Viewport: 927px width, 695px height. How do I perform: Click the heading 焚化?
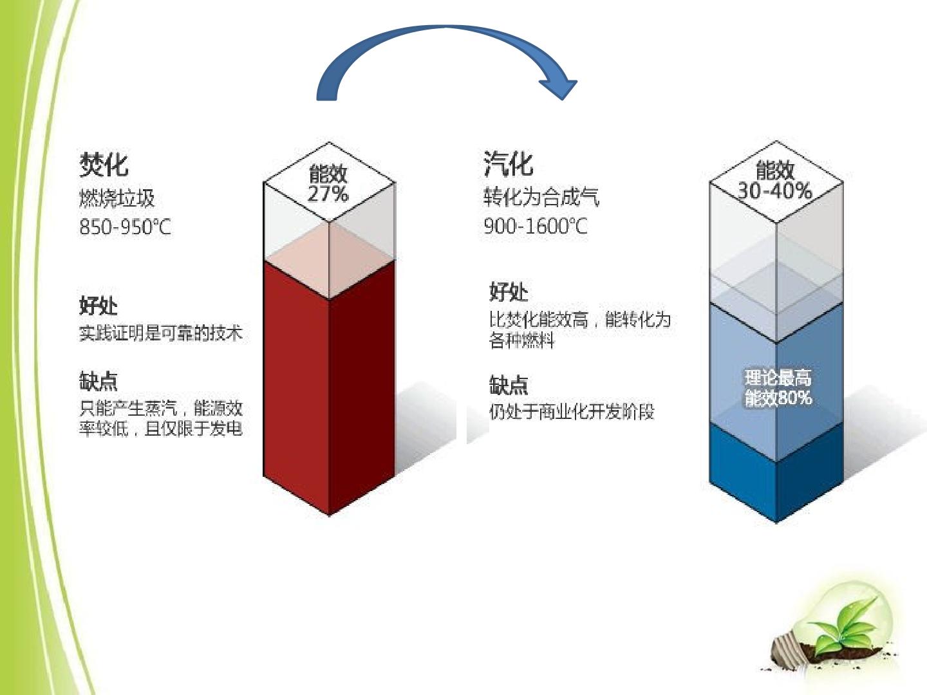point(104,165)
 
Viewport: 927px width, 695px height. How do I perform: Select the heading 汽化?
point(508,163)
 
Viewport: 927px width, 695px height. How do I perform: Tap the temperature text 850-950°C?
point(125,227)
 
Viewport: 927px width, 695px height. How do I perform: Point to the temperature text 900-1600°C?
point(536,226)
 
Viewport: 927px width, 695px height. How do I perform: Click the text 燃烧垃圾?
point(117,198)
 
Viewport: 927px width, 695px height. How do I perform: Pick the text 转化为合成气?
point(541,197)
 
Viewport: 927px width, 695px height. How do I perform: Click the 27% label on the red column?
point(328,194)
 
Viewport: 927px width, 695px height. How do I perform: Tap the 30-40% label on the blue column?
point(775,190)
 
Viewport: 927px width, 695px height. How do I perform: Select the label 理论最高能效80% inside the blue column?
point(778,388)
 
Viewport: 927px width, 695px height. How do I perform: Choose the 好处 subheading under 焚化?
point(98,305)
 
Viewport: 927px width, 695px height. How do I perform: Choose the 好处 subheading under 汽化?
point(509,292)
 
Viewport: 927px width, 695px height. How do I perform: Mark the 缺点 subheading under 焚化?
point(98,381)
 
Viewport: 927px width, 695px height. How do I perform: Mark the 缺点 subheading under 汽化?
point(509,384)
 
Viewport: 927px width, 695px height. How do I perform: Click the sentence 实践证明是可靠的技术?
point(161,333)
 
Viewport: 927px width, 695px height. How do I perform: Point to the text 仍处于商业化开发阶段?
point(572,411)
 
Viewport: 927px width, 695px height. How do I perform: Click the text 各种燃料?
point(521,340)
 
